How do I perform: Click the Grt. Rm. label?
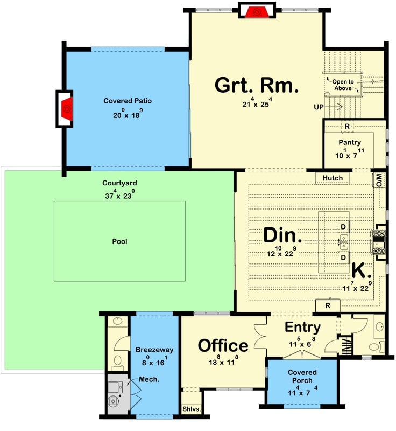point(256,85)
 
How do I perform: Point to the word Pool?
point(119,241)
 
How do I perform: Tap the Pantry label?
point(349,142)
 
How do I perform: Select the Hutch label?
point(332,178)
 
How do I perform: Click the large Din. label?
point(282,235)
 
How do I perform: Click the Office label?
point(223,345)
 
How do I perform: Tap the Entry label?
point(302,327)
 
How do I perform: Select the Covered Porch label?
point(302,376)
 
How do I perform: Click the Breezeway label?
point(153,350)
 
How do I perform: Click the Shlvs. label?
point(191,409)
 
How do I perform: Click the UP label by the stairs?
point(319,107)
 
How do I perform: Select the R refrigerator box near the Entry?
point(328,306)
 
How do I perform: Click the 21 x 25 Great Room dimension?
point(257,105)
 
